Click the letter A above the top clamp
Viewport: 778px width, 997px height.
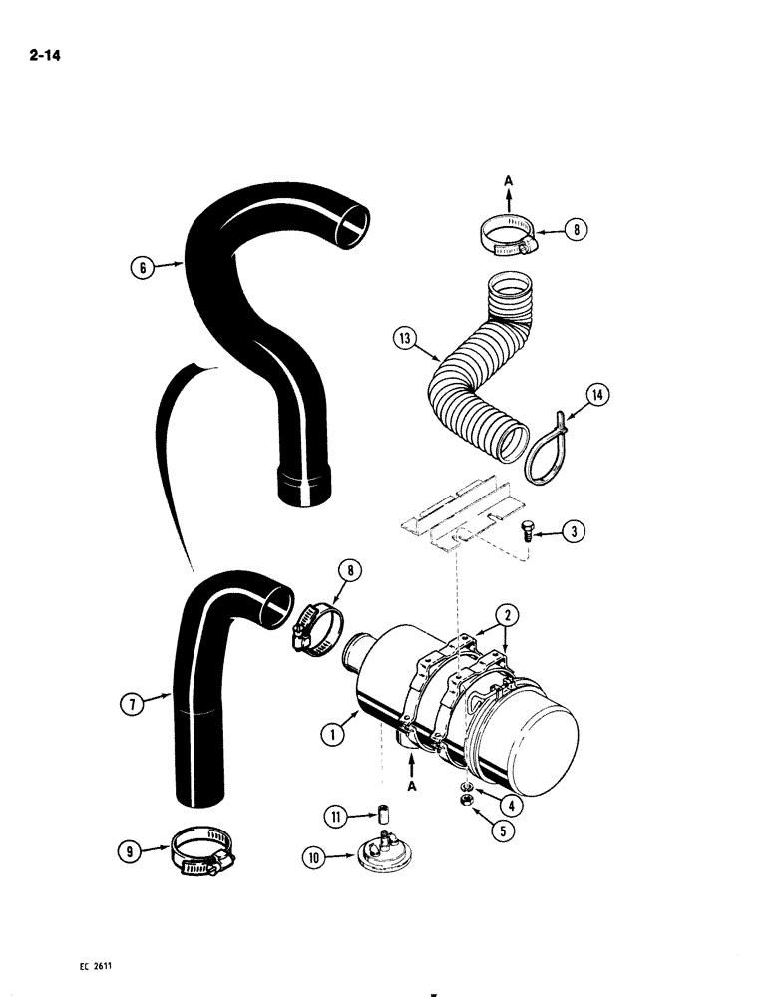tap(508, 182)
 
